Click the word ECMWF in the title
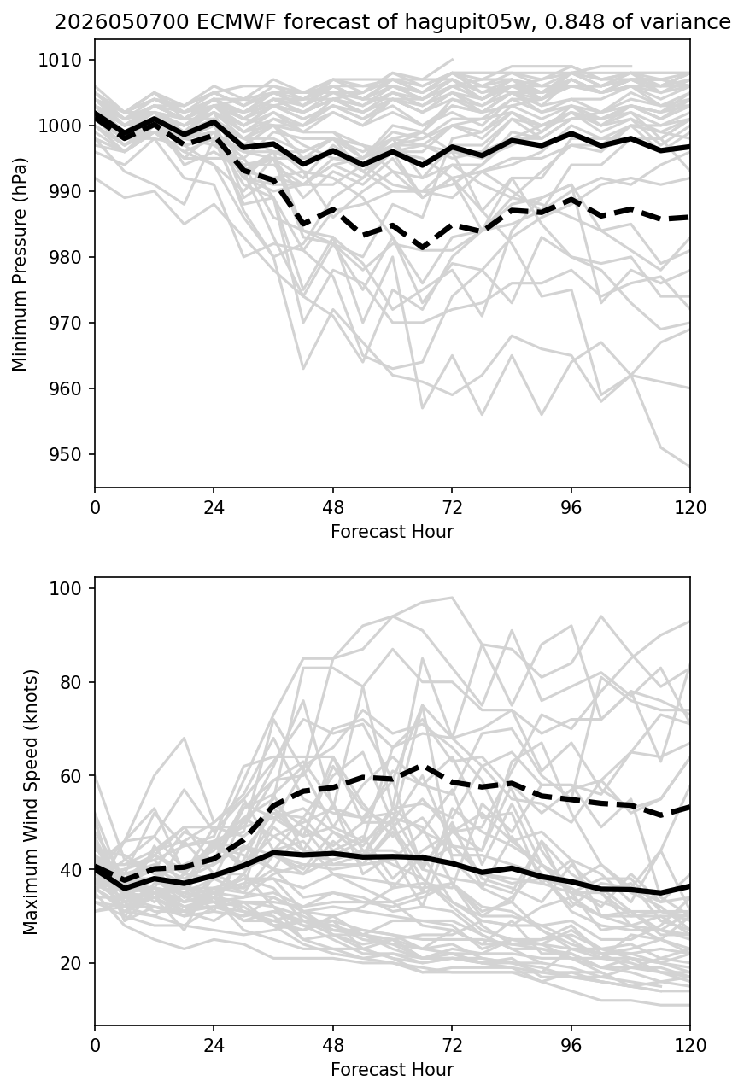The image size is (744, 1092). click(x=227, y=22)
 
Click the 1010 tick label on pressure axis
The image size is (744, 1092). click(x=60, y=61)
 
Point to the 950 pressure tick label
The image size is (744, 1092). click(x=65, y=454)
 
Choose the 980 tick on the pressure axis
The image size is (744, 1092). click(x=65, y=257)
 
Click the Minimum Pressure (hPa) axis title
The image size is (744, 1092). click(x=20, y=264)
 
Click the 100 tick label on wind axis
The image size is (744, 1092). click(x=65, y=588)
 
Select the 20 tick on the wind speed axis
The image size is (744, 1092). click(x=70, y=963)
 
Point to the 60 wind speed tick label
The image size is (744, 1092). click(x=70, y=775)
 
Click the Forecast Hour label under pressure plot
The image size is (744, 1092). click(x=392, y=531)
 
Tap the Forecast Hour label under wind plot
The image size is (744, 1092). click(x=392, y=1070)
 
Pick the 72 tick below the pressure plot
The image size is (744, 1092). click(x=452, y=508)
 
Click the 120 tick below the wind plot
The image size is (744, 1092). click(x=690, y=1046)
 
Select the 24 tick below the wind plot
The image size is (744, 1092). click(x=214, y=1046)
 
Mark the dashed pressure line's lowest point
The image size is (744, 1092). click(x=423, y=248)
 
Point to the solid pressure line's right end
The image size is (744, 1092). click(x=689, y=146)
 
